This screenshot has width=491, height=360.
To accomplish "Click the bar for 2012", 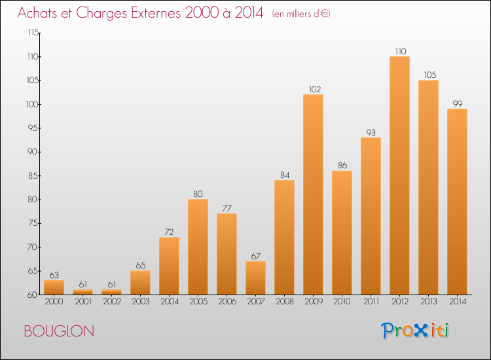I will click(x=399, y=175).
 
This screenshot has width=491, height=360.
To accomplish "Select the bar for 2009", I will click(x=313, y=194).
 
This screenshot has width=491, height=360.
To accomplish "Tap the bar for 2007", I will click(x=255, y=278).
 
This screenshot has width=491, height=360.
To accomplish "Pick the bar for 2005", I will click(x=198, y=247).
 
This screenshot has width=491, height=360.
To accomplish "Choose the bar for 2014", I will click(x=457, y=202).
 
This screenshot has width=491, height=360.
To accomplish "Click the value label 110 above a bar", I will click(x=399, y=50).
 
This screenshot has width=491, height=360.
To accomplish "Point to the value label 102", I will click(x=313, y=89).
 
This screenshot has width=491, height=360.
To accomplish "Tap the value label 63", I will click(x=54, y=274).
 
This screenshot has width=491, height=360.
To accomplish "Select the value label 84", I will click(x=284, y=174).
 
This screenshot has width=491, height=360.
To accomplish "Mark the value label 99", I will click(x=457, y=103).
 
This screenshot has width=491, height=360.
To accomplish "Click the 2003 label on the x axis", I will click(x=140, y=301).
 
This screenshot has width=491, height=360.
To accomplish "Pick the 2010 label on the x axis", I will click(x=342, y=301).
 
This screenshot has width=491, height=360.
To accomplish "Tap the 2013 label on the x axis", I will click(x=428, y=301).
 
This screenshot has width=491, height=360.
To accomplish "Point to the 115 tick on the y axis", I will click(x=31, y=33).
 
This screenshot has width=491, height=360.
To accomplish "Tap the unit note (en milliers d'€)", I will click(x=301, y=13).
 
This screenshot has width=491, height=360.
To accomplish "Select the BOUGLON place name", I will click(x=59, y=331).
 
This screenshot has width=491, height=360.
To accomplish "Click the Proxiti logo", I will click(x=416, y=331).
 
